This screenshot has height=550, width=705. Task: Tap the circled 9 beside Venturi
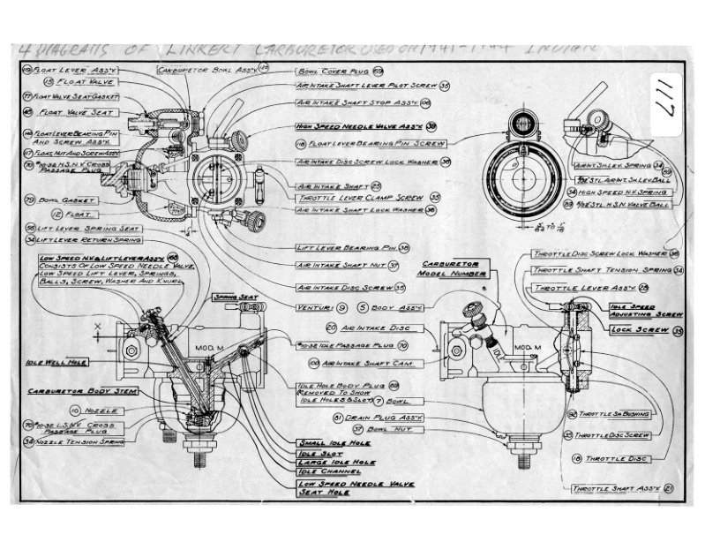(x=341, y=306)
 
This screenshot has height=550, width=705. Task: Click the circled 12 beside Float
(x=56, y=213)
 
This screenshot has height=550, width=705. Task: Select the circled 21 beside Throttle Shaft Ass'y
(x=670, y=488)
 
